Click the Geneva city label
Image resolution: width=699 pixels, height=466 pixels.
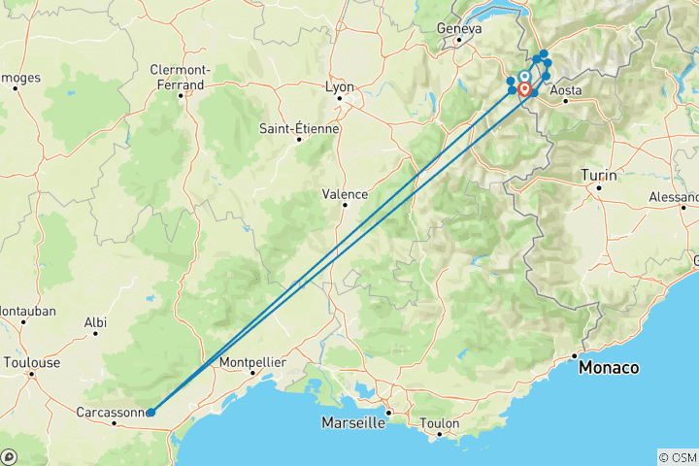point(459,29)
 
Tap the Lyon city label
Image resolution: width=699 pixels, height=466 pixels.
point(340,87)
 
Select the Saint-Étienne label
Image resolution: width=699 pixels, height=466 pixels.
point(299,128)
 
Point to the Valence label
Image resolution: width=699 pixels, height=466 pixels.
point(345,194)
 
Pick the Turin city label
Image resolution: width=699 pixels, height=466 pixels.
point(598,175)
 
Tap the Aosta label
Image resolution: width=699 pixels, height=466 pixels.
point(566,90)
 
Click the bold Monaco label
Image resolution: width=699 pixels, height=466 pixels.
point(609,368)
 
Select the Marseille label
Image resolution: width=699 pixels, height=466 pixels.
point(354,423)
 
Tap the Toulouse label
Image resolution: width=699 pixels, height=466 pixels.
point(32,362)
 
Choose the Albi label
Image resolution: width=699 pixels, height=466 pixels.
point(95,321)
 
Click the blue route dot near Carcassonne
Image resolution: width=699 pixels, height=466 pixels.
point(150,413)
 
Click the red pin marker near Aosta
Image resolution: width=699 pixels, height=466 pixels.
point(525,89)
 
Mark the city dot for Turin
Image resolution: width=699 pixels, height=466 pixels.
point(600,187)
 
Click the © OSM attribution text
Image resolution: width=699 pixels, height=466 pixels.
point(676,456)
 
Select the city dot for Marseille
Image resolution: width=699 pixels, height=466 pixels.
point(387,414)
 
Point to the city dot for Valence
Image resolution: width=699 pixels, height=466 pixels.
point(342,206)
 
